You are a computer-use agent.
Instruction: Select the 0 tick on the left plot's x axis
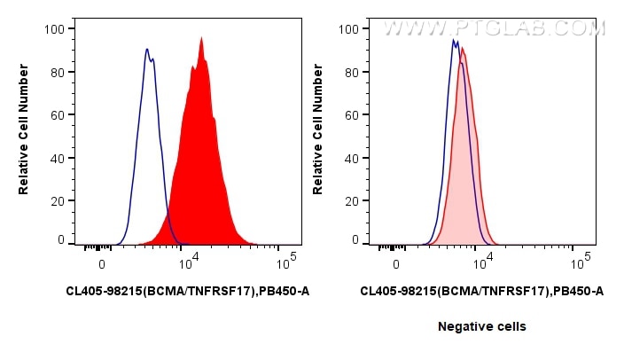103,264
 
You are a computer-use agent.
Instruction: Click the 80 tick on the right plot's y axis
349,72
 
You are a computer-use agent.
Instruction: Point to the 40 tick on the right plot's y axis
349,158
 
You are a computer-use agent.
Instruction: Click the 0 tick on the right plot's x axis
397,264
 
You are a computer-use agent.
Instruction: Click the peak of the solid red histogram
202,38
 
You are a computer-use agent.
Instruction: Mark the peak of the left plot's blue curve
147,49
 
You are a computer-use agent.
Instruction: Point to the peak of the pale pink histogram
462,48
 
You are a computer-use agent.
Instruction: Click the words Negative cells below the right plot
481,326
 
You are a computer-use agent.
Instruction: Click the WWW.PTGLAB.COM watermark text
494,28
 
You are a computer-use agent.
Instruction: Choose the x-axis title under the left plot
187,291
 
